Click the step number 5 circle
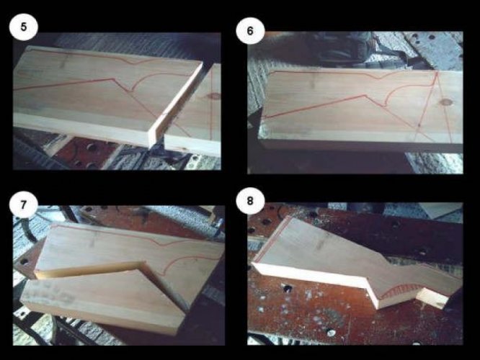[24, 27]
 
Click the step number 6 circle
[250, 30]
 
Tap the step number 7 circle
[24, 204]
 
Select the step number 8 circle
[250, 201]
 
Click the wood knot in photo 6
[447, 102]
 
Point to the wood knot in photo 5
[215, 96]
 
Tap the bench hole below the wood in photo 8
[287, 288]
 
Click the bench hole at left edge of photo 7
[24, 261]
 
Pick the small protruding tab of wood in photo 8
[431, 298]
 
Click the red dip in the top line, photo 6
[381, 77]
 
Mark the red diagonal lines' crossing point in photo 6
[419, 125]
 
